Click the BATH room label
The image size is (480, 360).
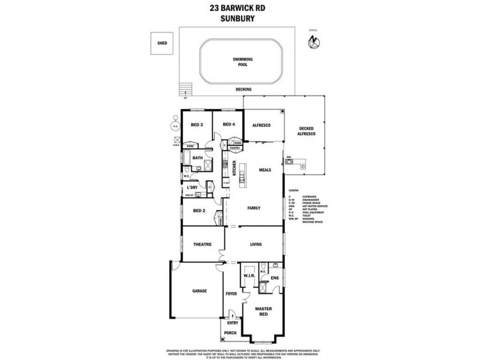click(198, 158)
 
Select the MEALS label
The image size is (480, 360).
click(265, 170)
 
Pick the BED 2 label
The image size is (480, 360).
click(199, 211)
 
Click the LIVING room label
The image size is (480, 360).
click(257, 244)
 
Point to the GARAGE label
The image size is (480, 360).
click(200, 290)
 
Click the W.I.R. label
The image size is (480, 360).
click(250, 276)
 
